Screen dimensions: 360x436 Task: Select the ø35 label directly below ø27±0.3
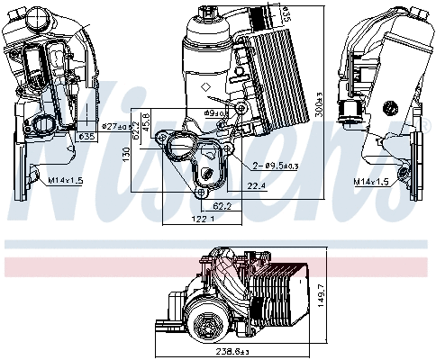(87, 136)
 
